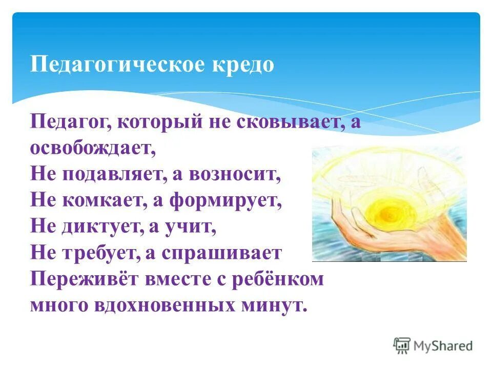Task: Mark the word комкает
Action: (x=103, y=201)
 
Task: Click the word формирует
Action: (x=230, y=201)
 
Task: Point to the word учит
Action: (x=194, y=227)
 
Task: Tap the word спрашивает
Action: (x=222, y=253)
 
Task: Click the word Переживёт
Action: (x=85, y=279)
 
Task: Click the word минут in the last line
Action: (x=277, y=305)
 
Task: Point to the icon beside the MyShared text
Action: (x=402, y=345)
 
